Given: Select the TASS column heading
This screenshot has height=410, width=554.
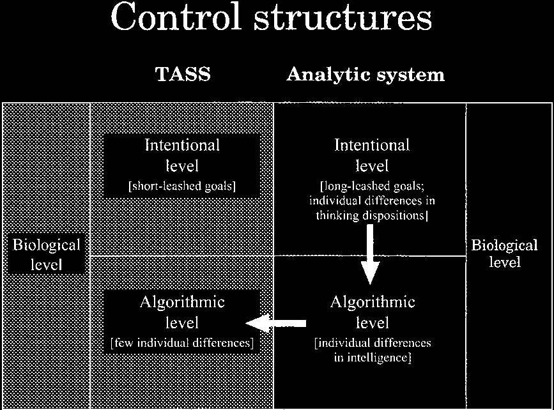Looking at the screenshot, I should coord(183,75).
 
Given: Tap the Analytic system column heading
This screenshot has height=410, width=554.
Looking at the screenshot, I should coord(365,75).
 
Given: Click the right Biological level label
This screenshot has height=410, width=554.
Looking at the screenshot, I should coord(504,254).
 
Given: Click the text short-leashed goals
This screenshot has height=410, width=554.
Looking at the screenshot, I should coord(182,186).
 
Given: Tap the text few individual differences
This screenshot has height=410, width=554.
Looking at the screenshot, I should coord(182,343).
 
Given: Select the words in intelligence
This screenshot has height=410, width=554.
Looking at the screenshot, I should coord(372,358).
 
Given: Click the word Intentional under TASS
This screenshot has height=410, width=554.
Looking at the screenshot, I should coord(182,145).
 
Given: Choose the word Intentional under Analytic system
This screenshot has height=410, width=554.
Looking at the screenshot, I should coord(372,145).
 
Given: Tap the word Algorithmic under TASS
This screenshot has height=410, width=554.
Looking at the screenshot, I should coord(182,302).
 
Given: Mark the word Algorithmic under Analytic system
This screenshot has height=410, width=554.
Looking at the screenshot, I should coord(372,302).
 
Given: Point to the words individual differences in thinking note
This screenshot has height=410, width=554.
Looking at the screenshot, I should coord(372,201).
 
